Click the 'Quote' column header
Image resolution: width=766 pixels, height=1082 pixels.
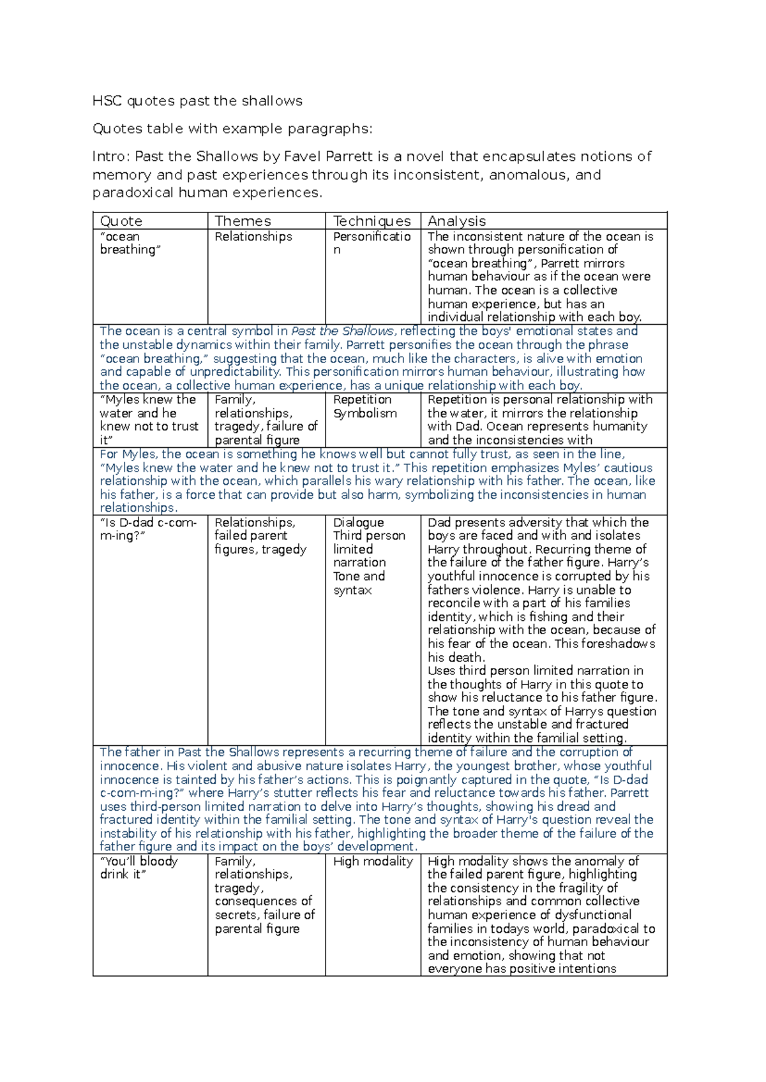pos(121,221)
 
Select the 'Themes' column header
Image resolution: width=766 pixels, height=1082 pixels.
pos(243,221)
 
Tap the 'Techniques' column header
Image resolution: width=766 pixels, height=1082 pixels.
pos(372,221)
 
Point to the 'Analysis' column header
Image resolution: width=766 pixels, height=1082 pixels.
pos(456,221)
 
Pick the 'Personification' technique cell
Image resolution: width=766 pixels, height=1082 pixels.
pos(372,243)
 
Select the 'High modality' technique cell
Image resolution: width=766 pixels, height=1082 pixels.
pos(373,861)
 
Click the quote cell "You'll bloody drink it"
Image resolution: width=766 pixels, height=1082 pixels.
pos(139,868)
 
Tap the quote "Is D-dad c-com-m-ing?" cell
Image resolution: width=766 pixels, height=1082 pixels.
pos(148,529)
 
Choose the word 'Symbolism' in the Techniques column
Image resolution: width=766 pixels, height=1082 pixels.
pos(364,413)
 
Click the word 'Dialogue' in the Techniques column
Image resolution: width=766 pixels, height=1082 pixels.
pos(358,522)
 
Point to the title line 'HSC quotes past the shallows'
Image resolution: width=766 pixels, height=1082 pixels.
pos(197,101)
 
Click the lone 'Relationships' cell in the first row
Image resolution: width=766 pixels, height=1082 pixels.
pos(253,237)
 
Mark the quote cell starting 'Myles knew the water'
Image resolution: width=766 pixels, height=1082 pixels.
pos(148,419)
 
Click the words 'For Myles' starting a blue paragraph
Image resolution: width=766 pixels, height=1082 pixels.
pos(128,454)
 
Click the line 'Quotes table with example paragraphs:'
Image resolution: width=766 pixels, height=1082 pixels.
pos(232,129)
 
